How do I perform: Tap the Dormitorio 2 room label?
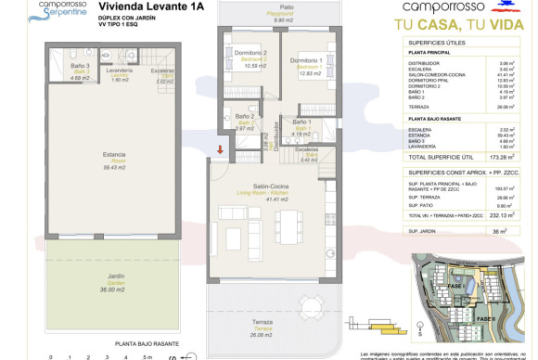tap(251, 57)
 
